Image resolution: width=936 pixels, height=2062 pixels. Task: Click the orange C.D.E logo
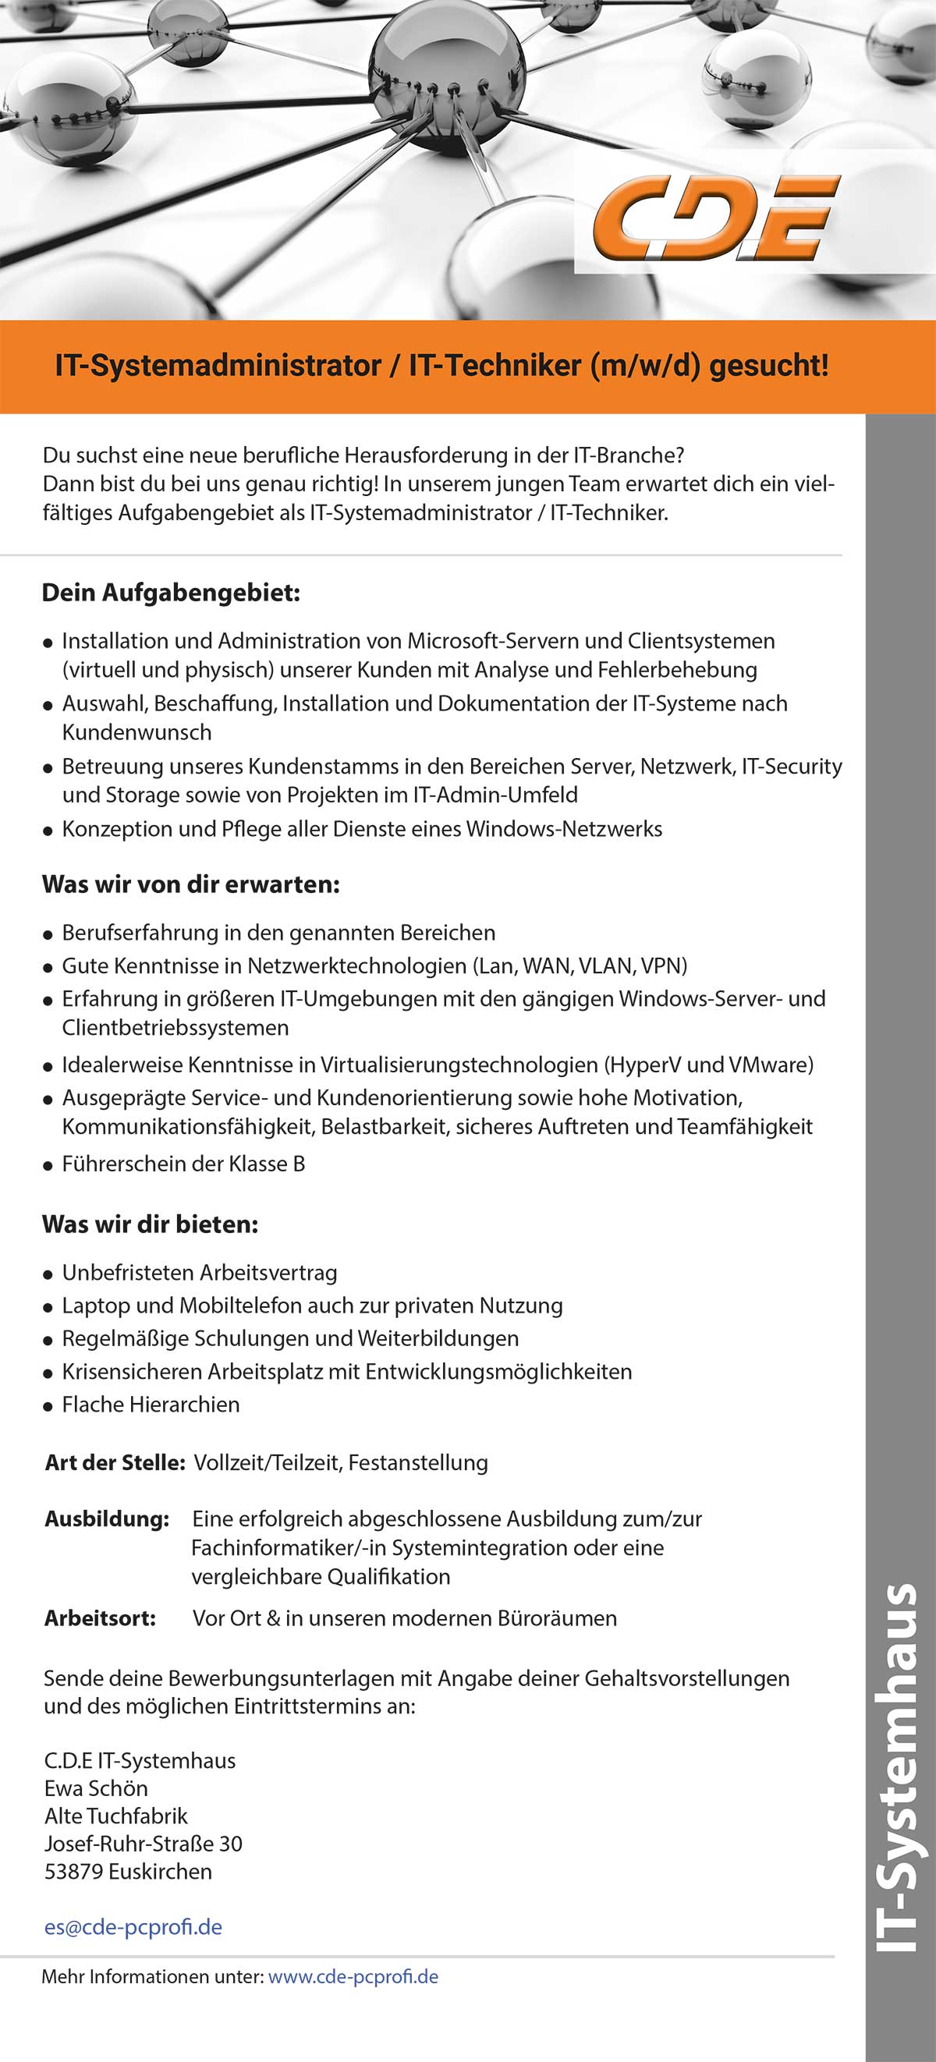pos(715,218)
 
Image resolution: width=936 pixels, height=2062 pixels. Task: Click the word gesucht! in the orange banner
pos(768,366)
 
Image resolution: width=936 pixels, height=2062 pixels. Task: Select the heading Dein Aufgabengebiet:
pos(171,593)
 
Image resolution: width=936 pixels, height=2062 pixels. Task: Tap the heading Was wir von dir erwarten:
pos(190,884)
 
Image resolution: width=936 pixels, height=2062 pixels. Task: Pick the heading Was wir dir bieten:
pos(150,1224)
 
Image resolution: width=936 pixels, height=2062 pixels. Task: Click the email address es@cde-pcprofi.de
pos(133,1927)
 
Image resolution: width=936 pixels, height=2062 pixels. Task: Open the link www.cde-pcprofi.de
pos(353,1976)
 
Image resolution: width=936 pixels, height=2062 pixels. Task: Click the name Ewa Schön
pos(96,1788)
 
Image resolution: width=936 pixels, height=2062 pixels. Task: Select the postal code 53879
pos(73,1872)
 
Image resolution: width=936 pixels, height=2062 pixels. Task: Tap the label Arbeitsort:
pos(100,1617)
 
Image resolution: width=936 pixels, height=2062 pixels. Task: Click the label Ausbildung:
pos(107,1518)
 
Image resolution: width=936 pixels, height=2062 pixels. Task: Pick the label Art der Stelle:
pos(115,1462)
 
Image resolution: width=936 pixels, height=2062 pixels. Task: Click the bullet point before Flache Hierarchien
pos(48,1405)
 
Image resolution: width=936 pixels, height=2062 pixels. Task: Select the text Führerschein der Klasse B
pos(183,1164)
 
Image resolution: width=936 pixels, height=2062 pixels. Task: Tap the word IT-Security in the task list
pos(791,766)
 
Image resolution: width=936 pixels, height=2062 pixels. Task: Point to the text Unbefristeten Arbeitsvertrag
pos(200,1273)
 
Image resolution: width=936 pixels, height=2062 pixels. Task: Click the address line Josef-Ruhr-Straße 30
pos(144,1844)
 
